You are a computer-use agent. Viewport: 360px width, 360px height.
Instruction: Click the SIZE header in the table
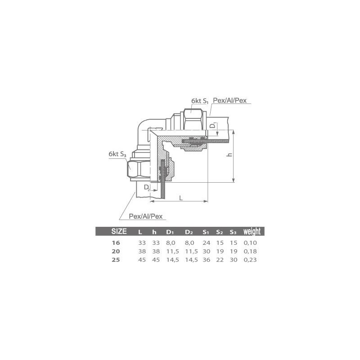119,232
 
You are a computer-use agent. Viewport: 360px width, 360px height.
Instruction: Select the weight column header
252,232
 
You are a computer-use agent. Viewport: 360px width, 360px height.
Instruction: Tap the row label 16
116,243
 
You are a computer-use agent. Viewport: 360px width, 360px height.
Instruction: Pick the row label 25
116,260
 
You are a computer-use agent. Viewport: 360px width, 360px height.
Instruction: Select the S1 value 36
206,260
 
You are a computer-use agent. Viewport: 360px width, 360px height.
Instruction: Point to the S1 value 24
206,243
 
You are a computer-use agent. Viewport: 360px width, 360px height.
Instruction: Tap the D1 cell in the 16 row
170,243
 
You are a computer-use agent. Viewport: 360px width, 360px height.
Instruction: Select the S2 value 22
220,260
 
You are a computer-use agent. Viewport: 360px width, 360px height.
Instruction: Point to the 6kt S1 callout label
199,102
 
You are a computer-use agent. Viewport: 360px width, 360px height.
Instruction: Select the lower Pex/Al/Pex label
145,216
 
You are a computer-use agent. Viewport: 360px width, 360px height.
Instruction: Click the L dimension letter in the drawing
180,198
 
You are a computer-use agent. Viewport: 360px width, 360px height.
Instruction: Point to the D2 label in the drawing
147,186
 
